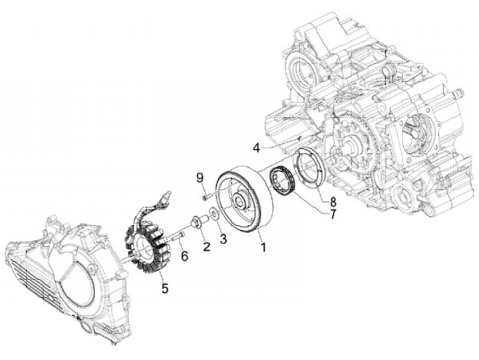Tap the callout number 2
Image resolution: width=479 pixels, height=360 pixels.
tap(206, 247)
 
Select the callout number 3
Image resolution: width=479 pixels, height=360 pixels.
tap(224, 238)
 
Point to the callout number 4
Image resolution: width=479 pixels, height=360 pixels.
tap(256, 147)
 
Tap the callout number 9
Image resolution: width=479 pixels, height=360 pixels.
tap(198, 177)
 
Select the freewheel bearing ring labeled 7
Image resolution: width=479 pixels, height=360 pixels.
tap(282, 180)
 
